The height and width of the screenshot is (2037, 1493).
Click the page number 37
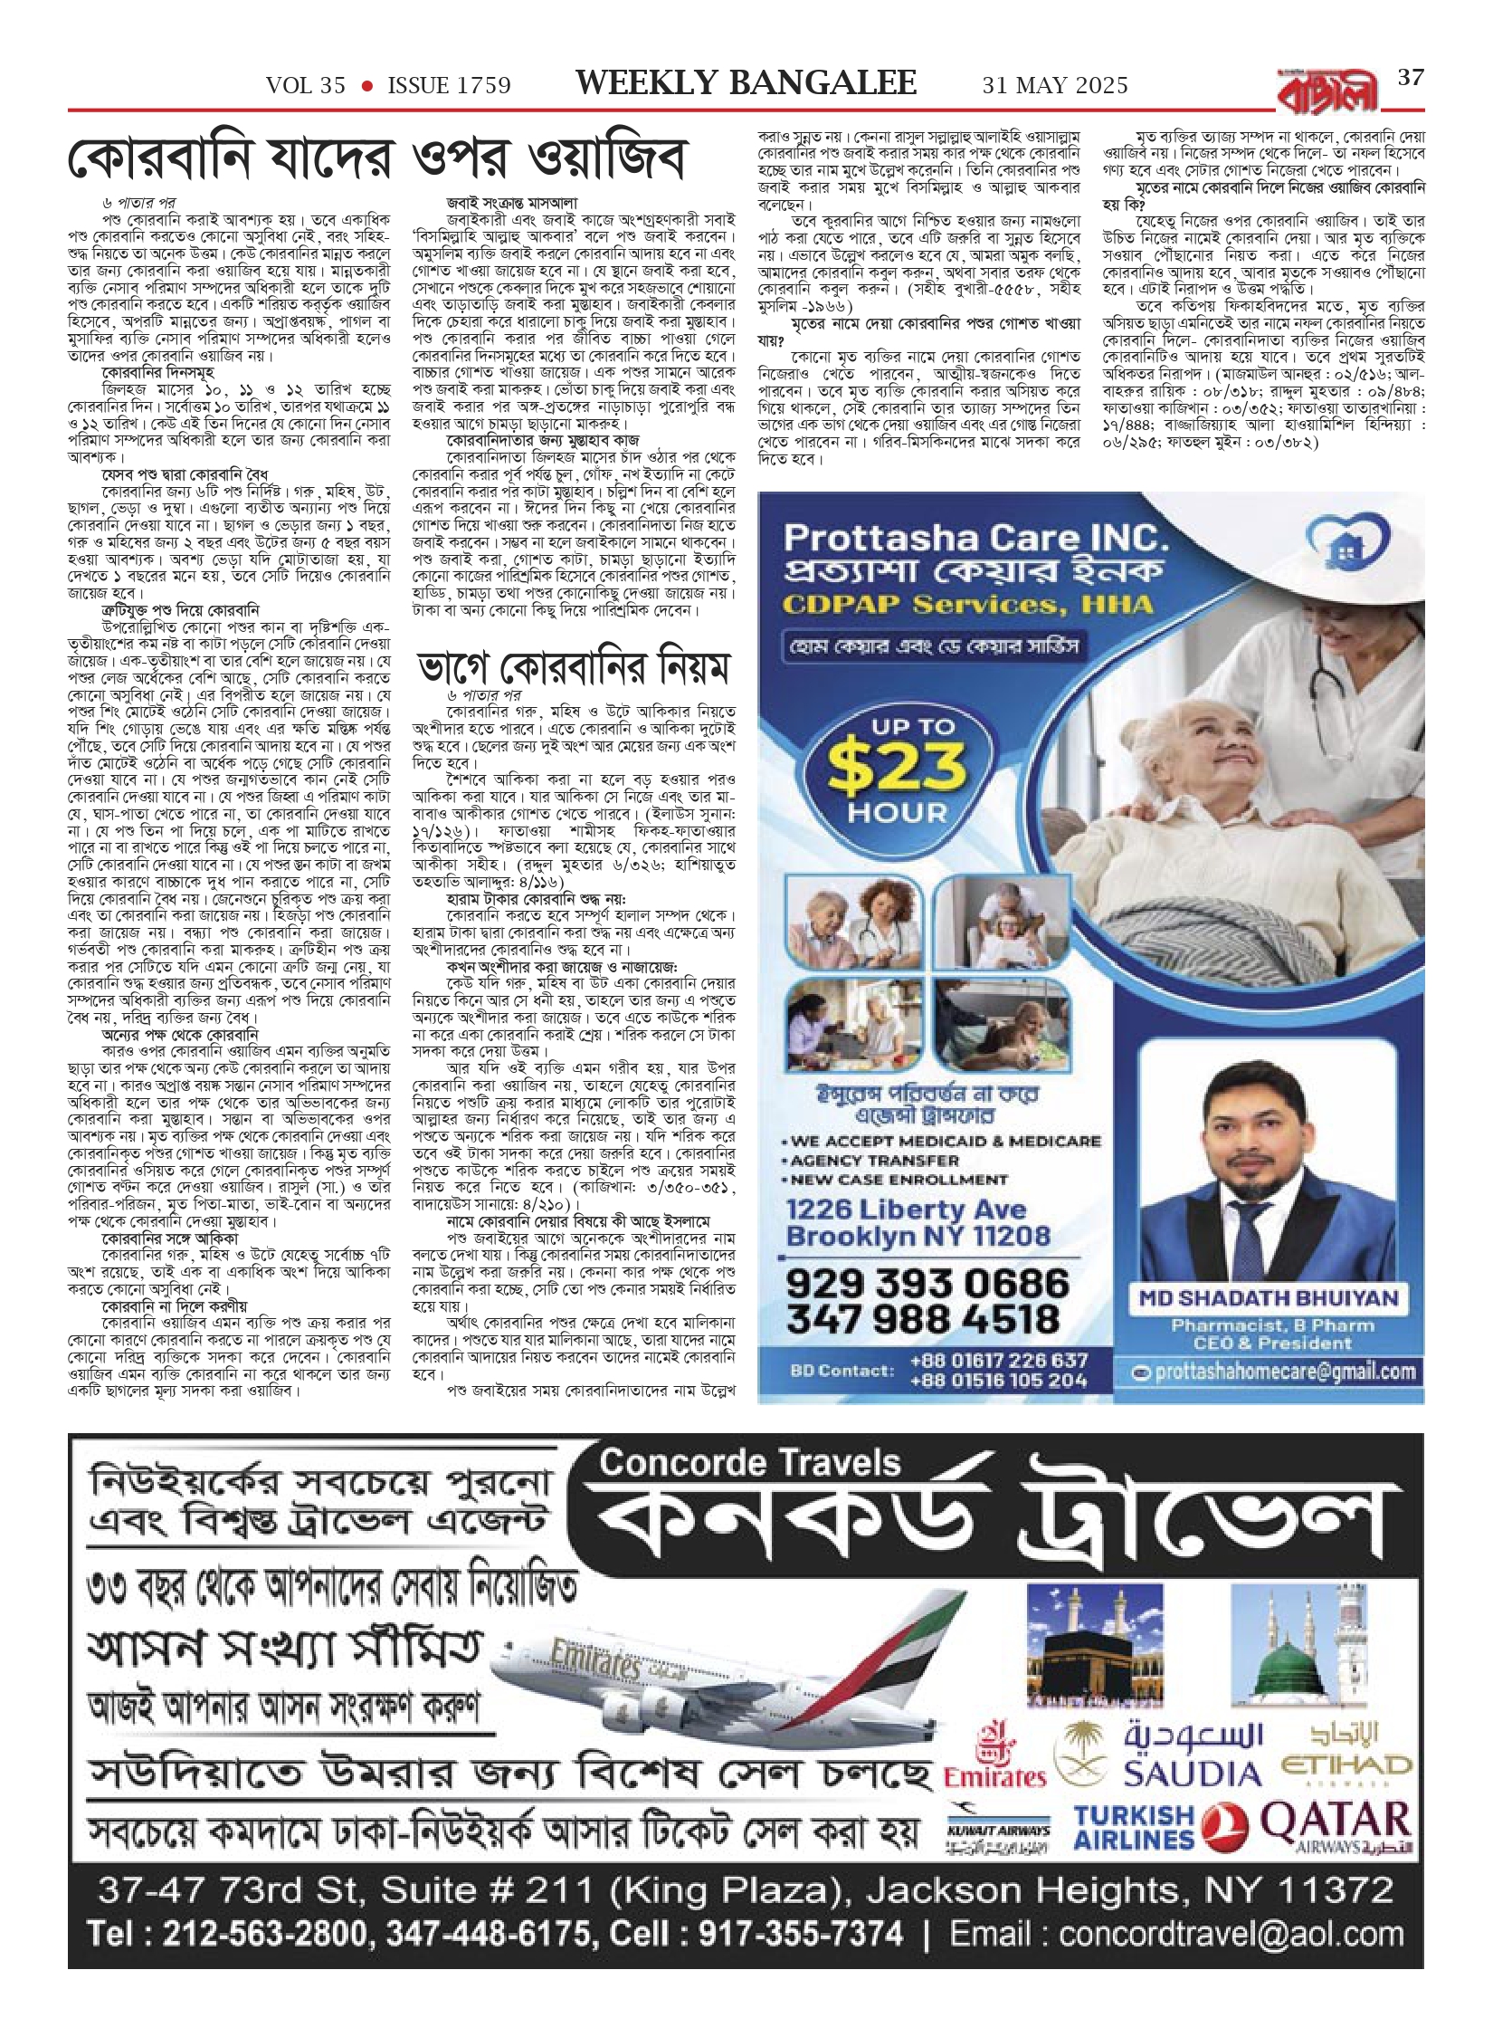(1410, 78)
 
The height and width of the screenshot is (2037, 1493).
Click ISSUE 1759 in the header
(449, 85)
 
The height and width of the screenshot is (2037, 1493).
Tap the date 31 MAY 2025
(1055, 85)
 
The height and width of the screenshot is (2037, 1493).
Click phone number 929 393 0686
(927, 1283)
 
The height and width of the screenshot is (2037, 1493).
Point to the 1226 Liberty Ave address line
(906, 1210)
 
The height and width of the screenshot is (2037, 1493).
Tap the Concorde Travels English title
(750, 1463)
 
